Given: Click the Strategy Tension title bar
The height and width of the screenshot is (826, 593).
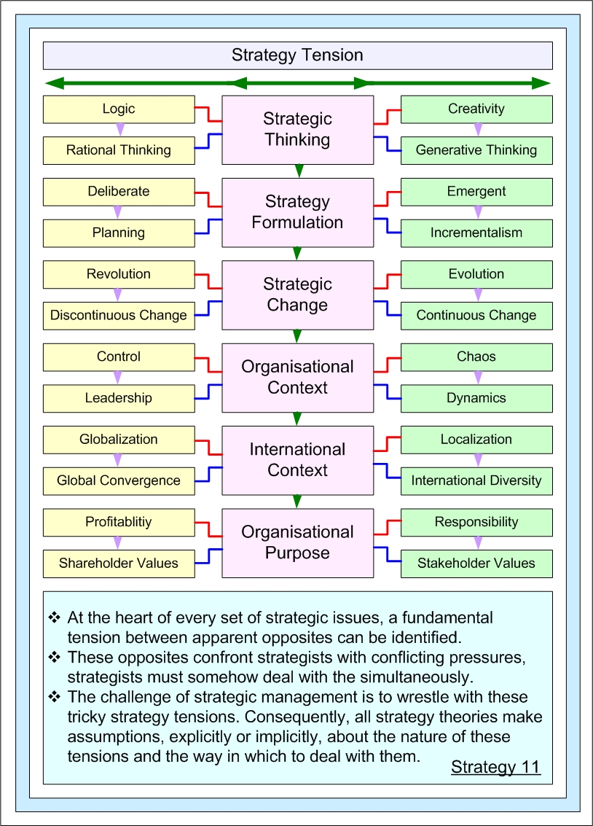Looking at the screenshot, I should pos(297,55).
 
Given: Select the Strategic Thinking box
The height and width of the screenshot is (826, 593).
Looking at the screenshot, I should pos(297,129).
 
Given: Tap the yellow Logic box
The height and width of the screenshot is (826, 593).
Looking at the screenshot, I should pos(119,109).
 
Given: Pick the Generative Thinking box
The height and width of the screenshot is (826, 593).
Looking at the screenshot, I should pos(476,150).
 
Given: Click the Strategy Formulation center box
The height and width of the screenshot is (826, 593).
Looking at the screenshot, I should pos(297,211).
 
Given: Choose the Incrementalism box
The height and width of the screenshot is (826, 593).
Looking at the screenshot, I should pos(476,233).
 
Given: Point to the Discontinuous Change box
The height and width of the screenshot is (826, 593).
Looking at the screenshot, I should pos(119,316).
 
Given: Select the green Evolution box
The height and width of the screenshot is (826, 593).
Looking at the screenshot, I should pos(476,274).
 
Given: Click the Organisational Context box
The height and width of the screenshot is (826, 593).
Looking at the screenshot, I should pos(297,377).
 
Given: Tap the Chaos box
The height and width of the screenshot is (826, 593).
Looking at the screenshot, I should pos(476,357).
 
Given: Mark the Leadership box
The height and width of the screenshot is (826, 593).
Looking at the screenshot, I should pos(119,398).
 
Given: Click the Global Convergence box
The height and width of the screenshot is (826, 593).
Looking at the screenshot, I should pos(119,481).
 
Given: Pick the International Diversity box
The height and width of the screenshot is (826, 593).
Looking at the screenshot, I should pos(476,481).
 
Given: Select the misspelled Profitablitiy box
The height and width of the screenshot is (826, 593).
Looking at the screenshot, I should pos(119,522).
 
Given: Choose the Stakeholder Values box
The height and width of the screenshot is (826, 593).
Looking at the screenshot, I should pos(476,564).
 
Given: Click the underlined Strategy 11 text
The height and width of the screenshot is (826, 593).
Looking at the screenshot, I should pos(495,767).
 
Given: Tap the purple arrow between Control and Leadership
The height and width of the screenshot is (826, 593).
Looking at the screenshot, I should pos(119,378).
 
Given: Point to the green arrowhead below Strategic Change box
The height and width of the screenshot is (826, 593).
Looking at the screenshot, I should pos(297,336).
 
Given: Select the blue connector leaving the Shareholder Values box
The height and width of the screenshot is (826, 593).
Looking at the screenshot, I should pos(208,556).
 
